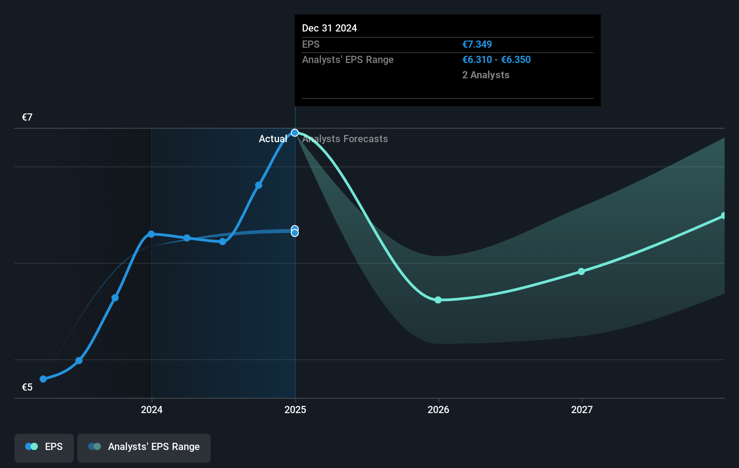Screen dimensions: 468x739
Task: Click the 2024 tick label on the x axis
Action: click(x=152, y=409)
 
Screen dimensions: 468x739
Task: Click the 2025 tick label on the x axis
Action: click(x=295, y=409)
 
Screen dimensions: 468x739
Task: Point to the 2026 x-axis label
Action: click(x=438, y=409)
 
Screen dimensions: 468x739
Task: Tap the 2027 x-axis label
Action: click(x=582, y=409)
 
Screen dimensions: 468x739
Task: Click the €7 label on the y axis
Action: click(x=27, y=117)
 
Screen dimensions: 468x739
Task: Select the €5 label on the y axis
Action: click(x=27, y=387)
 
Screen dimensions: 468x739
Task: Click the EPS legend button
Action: click(x=44, y=447)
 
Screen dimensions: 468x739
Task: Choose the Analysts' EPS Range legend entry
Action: click(x=144, y=447)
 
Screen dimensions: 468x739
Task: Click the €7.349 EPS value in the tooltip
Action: click(x=477, y=45)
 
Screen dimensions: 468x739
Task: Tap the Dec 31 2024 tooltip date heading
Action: click(x=329, y=28)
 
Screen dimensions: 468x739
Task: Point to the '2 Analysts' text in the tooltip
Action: click(x=486, y=75)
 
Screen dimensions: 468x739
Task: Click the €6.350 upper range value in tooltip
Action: click(x=516, y=60)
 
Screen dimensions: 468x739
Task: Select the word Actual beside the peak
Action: click(x=273, y=139)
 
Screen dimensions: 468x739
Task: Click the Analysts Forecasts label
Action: click(x=345, y=139)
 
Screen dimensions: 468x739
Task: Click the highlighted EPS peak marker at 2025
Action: click(x=295, y=133)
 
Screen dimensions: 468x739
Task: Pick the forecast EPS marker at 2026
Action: click(x=438, y=300)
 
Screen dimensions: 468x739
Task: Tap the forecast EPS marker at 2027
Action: click(x=581, y=271)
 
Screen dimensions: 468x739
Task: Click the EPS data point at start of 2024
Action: click(x=151, y=234)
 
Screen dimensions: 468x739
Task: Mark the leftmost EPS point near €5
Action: click(x=43, y=379)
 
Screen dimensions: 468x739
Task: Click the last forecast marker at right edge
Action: click(x=724, y=216)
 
